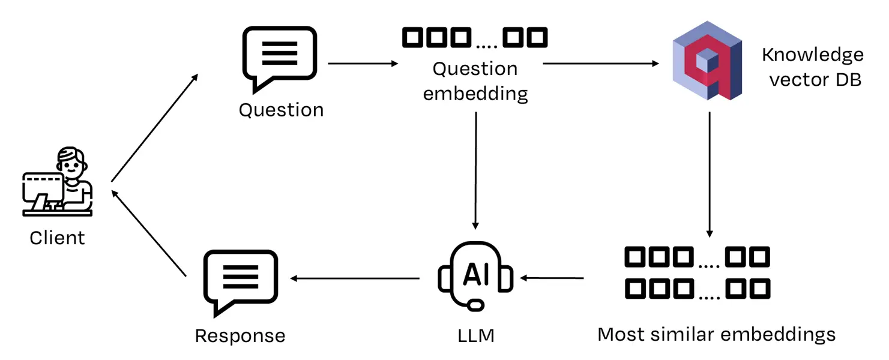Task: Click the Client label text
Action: click(x=57, y=238)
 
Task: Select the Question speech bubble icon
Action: click(x=279, y=58)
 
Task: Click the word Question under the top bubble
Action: click(x=281, y=110)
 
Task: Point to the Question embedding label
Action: click(x=475, y=81)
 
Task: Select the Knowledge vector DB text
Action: click(x=813, y=67)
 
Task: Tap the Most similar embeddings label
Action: click(x=716, y=334)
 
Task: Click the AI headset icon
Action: click(x=475, y=276)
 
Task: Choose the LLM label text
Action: click(x=475, y=335)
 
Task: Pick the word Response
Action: click(x=240, y=335)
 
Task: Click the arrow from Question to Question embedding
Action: click(x=363, y=63)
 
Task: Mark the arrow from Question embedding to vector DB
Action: click(x=600, y=63)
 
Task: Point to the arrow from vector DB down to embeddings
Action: click(x=709, y=174)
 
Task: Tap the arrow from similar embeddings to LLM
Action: click(x=552, y=278)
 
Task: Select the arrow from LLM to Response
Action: click(x=354, y=278)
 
